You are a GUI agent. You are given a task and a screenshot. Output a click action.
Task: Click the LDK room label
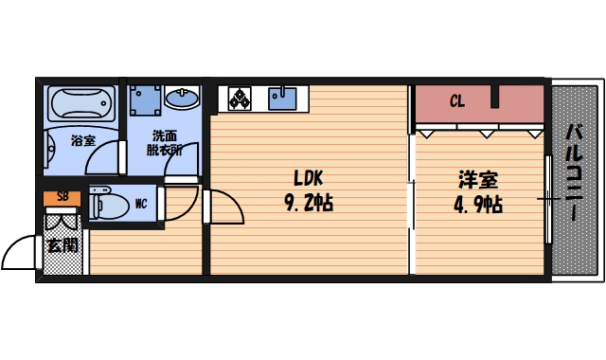[309, 178]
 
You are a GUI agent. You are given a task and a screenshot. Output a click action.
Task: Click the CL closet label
[456, 100]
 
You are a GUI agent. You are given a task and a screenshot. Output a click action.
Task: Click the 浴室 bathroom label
[83, 141]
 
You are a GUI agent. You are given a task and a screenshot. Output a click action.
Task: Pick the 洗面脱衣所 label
[165, 142]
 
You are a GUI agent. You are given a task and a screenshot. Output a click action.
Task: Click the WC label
[141, 203]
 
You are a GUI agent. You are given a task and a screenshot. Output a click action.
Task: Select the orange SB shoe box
[62, 197]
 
